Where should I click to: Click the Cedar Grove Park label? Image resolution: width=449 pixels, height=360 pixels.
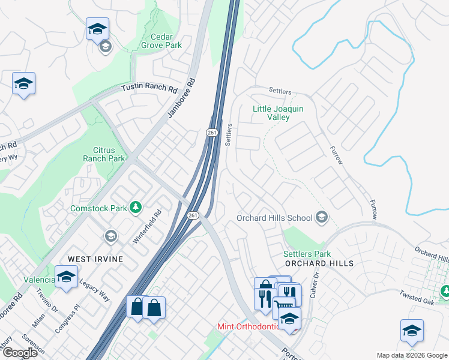[161, 40]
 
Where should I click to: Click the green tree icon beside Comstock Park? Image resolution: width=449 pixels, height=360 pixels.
[136, 207]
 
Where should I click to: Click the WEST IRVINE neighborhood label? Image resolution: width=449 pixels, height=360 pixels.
[95, 259]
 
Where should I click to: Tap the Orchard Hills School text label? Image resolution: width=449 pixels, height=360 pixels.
[274, 218]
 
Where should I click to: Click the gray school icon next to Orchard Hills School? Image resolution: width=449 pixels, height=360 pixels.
[322, 217]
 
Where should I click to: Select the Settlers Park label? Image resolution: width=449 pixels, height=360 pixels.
[307, 254]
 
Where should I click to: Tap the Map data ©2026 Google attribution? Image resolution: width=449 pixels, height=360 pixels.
[412, 355]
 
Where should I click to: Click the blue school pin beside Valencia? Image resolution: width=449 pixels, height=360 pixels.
[65, 278]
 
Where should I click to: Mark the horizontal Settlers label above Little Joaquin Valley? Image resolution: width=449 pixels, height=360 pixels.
[280, 92]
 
